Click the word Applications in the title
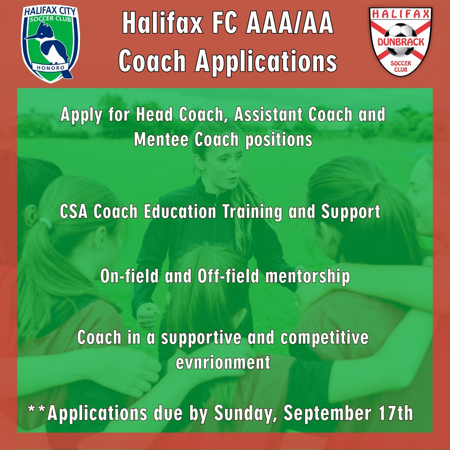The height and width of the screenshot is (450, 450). click(266, 61)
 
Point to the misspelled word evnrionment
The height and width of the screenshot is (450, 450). click(223, 362)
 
